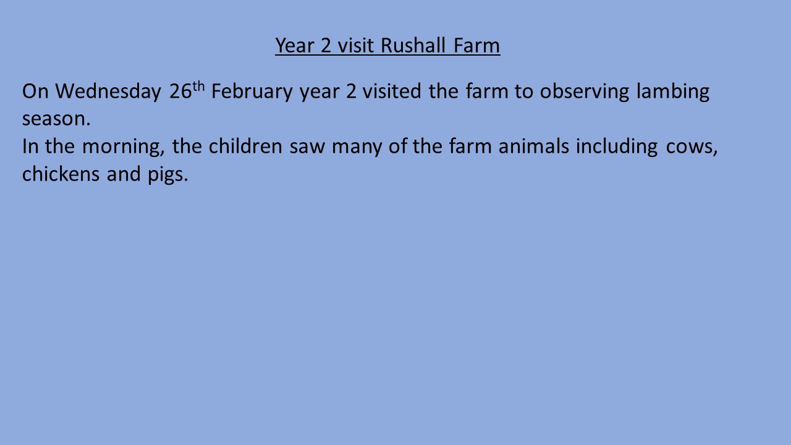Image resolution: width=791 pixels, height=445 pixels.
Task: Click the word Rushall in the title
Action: pos(413,46)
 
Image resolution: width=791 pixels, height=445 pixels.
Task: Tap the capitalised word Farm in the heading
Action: pos(476,46)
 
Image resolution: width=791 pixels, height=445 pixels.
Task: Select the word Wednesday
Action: pos(108,91)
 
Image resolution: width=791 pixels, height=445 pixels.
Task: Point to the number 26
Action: pos(180,91)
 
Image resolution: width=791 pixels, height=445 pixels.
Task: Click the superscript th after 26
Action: pos(198,86)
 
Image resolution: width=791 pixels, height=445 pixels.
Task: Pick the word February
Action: pos(252,91)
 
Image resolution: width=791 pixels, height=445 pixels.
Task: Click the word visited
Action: pos(392,91)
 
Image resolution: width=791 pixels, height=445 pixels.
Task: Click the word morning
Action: pos(123,147)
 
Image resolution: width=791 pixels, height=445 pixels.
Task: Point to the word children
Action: pos(245,146)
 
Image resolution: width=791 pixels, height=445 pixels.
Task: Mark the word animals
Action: pos(533,146)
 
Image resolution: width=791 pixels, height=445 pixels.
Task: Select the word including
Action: pos(617,147)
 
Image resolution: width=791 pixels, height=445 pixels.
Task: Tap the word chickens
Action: pos(61,174)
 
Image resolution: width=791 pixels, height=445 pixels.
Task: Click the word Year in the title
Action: pos(295,46)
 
